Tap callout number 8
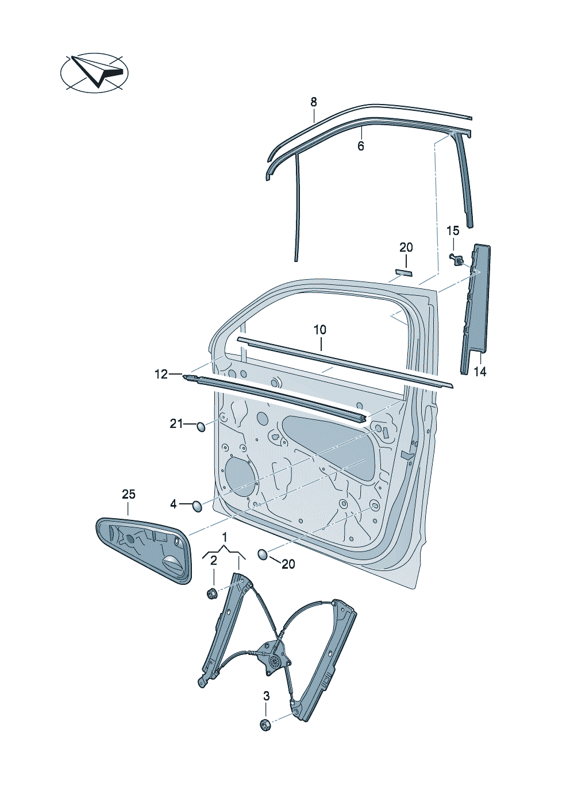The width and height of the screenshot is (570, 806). pyautogui.click(x=314, y=102)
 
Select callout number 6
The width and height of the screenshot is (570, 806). pyautogui.click(x=360, y=146)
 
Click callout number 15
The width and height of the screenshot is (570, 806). pyautogui.click(x=453, y=231)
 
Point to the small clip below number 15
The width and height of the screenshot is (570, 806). pyautogui.click(x=457, y=259)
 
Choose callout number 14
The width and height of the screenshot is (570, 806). pyautogui.click(x=480, y=372)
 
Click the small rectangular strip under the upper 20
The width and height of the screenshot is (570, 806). pyautogui.click(x=404, y=272)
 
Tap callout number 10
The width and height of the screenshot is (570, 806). pyautogui.click(x=320, y=330)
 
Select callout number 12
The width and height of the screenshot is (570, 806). pyautogui.click(x=161, y=375)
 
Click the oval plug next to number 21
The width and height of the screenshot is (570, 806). pyautogui.click(x=201, y=426)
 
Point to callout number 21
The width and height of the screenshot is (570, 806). pyautogui.click(x=176, y=424)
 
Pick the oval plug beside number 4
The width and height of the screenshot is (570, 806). pyautogui.click(x=197, y=506)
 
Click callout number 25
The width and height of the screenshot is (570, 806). pyautogui.click(x=129, y=494)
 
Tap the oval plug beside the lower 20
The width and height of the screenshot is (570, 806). pyautogui.click(x=263, y=554)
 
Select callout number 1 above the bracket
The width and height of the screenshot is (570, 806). pyautogui.click(x=225, y=537)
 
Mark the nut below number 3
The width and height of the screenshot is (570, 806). pyautogui.click(x=265, y=724)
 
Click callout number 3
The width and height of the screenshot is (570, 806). pyautogui.click(x=266, y=696)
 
